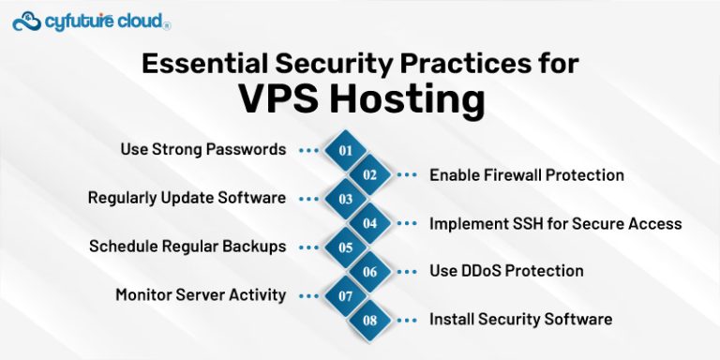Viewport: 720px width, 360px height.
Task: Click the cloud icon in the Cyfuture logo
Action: point(27,20)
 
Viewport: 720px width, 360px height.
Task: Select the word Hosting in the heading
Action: point(413,98)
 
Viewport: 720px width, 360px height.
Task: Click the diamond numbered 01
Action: point(346,150)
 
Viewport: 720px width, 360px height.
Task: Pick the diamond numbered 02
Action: point(370,174)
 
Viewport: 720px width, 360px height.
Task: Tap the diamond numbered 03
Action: point(346,199)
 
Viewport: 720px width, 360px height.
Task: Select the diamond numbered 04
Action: point(370,223)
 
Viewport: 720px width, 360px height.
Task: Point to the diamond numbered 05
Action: point(346,247)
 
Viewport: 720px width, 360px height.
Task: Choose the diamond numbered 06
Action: point(370,272)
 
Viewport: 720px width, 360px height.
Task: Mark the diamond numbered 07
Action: point(346,296)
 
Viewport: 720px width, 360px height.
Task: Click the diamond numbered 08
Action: point(370,321)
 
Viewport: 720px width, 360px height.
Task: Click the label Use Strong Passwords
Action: point(202,149)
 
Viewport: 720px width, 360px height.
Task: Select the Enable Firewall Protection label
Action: point(527,174)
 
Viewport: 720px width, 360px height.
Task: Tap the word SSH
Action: point(528,223)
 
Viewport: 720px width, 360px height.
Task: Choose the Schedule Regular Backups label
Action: point(187,247)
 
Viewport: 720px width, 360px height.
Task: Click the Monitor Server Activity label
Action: point(201,294)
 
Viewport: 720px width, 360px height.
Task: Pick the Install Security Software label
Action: point(521,319)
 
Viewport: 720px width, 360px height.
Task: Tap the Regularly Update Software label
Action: point(187,198)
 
